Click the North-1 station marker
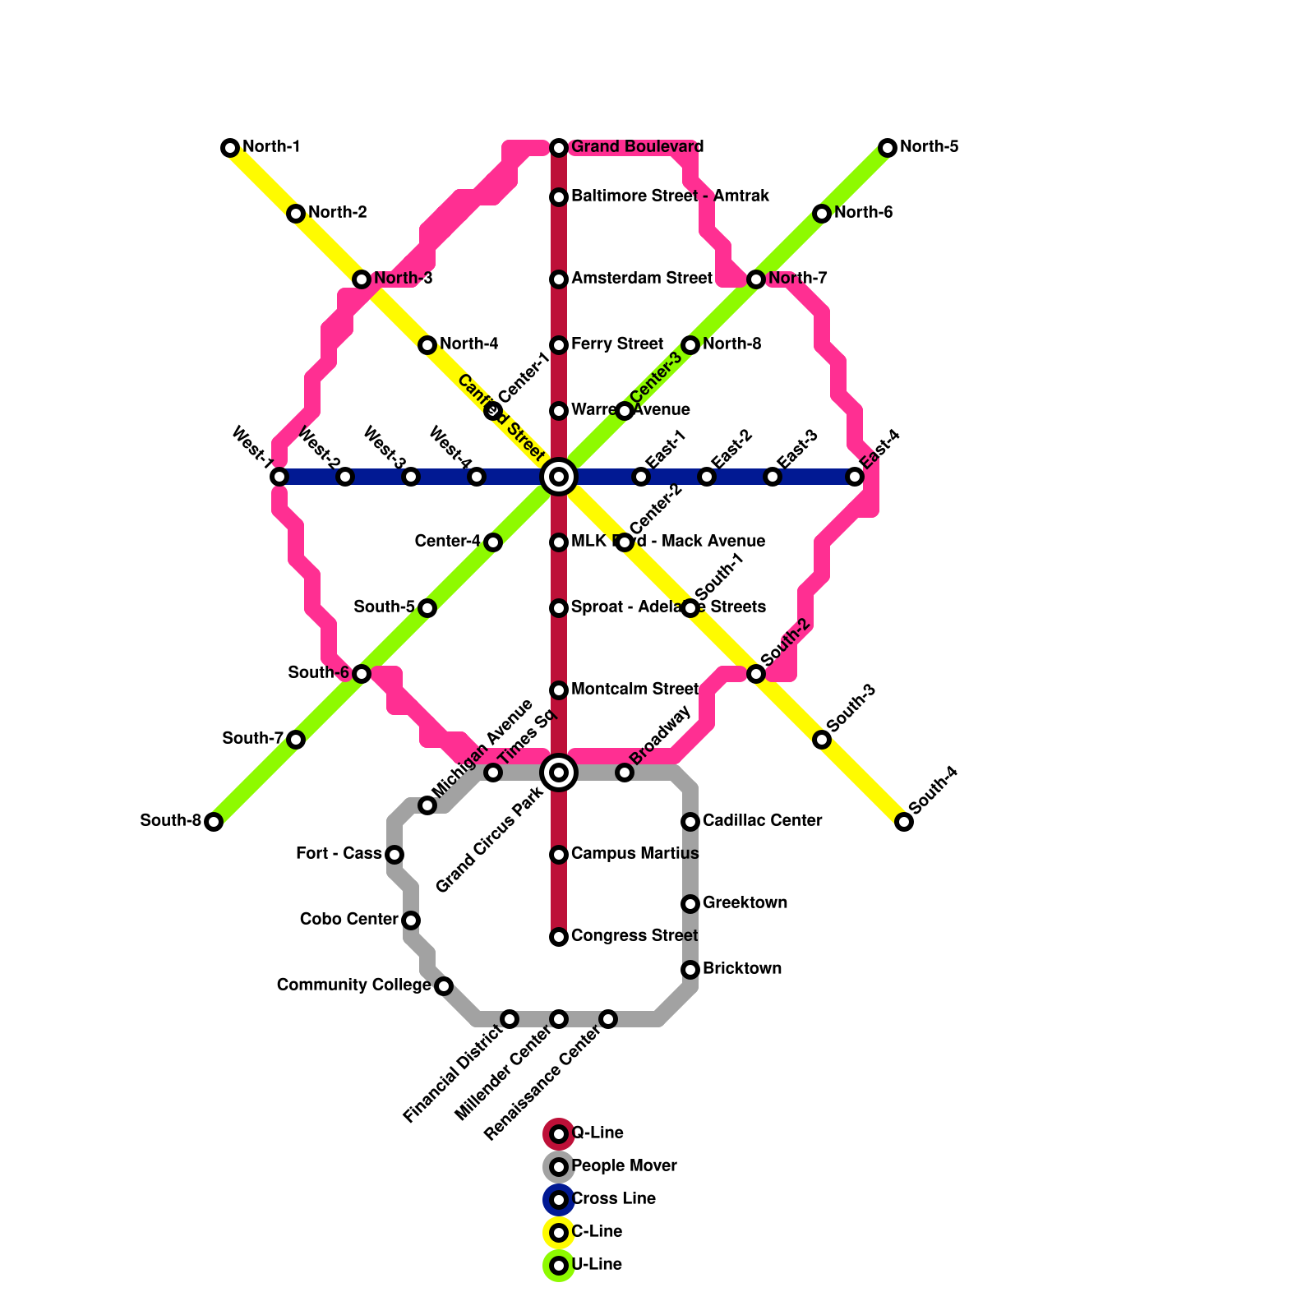[230, 148]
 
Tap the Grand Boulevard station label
[637, 147]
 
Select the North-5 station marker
[888, 148]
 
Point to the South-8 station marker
[214, 822]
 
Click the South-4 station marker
[904, 822]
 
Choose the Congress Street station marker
[559, 937]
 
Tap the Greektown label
[745, 903]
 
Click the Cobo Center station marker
[411, 920]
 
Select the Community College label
[353, 985]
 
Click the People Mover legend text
[624, 1166]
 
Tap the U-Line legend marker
[559, 1266]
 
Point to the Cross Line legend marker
[559, 1200]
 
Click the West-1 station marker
[279, 477]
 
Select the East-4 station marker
[855, 477]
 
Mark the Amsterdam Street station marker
[559, 279]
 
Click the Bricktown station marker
[690, 970]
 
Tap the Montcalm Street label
[634, 690]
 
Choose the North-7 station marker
[756, 279]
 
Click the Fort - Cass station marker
[394, 855]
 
